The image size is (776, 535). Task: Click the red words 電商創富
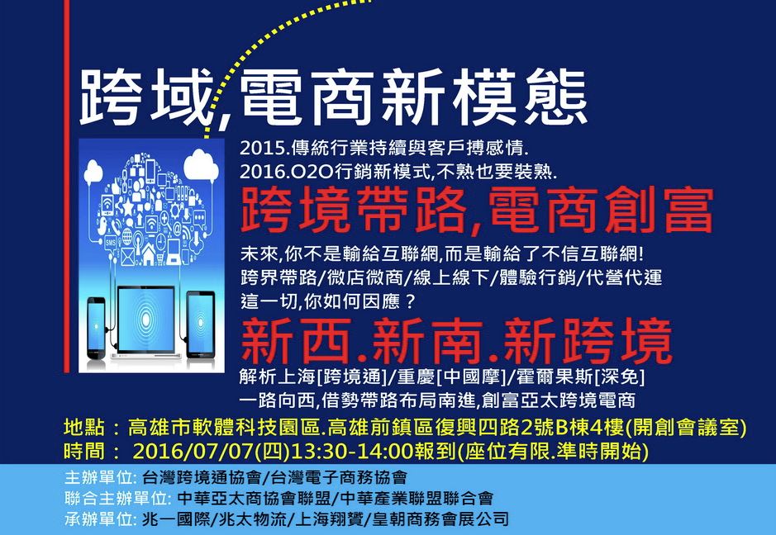tap(601, 210)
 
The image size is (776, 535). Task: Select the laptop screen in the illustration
tap(146, 320)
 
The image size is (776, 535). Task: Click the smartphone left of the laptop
tap(96, 328)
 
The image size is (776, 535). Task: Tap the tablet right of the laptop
tap(201, 324)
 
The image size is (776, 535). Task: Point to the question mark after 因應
tap(409, 301)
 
